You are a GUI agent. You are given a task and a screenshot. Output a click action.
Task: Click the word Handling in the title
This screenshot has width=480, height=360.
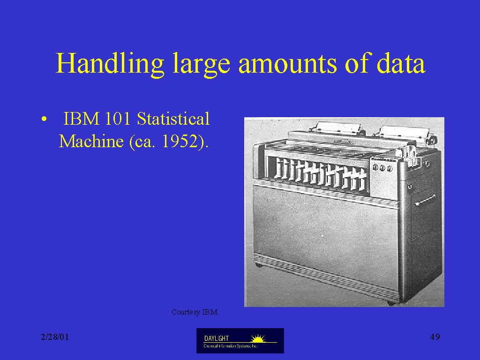[x=110, y=63]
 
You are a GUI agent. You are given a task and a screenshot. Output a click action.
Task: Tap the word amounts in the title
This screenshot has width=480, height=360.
[x=287, y=65]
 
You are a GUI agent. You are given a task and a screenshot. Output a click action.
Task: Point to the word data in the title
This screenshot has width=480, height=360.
[x=401, y=63]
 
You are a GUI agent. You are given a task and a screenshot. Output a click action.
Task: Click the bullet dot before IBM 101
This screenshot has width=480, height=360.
[x=44, y=119]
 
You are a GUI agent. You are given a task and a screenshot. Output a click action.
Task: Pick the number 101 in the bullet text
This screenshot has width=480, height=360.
[x=118, y=119]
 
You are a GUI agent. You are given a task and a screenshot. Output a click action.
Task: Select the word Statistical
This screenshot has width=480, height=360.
[x=173, y=119]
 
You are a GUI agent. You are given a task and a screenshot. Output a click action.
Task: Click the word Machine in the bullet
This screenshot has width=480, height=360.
[x=91, y=141]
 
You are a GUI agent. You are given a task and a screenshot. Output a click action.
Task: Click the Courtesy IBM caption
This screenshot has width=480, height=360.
[x=195, y=312]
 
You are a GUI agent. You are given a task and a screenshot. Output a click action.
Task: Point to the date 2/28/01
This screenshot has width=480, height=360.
[x=55, y=337]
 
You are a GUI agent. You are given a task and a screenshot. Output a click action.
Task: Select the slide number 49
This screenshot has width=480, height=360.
[x=435, y=337]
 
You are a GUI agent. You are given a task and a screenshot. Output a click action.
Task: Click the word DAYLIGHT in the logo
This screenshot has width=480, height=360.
[x=217, y=338]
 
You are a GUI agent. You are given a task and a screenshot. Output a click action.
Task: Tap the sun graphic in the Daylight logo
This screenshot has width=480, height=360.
[x=258, y=338]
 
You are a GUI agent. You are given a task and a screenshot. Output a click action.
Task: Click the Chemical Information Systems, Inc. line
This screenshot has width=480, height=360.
[x=231, y=346]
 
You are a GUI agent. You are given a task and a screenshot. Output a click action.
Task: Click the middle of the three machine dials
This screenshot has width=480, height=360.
[x=382, y=168]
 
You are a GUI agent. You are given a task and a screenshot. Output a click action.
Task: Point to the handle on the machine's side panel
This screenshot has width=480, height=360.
[x=425, y=200]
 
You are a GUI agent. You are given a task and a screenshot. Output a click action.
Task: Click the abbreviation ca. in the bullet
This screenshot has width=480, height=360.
[x=145, y=142]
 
